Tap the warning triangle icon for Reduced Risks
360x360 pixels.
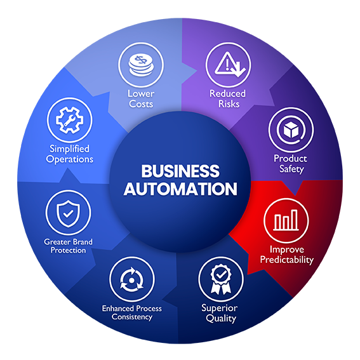[x=228, y=63]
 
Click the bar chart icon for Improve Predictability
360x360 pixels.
[x=286, y=220]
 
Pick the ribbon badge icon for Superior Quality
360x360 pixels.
[x=220, y=277]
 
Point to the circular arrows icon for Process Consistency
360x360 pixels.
[x=132, y=279]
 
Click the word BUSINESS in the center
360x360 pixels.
[x=180, y=171]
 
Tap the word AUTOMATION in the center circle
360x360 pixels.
[x=180, y=189]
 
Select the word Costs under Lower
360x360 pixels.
[x=141, y=103]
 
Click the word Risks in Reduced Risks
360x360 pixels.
[x=227, y=103]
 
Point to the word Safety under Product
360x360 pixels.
[x=290, y=169]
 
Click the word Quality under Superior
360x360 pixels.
[x=221, y=318]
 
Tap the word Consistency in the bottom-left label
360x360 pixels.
[x=132, y=317]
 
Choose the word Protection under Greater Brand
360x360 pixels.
[x=68, y=250]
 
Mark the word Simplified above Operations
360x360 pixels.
[x=70, y=149]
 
